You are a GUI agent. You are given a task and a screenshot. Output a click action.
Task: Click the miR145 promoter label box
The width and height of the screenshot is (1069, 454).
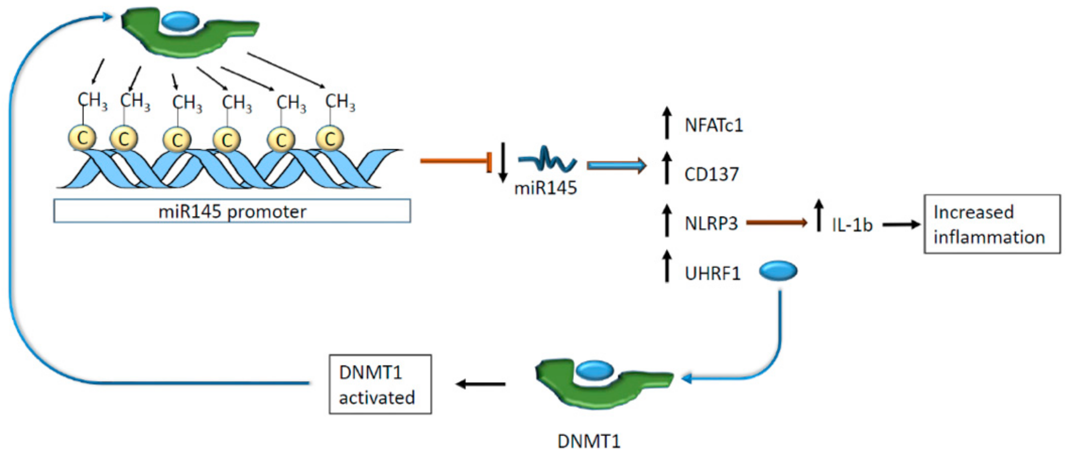[232, 211]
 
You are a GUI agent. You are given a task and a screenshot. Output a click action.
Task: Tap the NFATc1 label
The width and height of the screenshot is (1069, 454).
[713, 125]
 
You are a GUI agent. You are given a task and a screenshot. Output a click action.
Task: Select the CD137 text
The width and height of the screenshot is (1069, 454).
[711, 174]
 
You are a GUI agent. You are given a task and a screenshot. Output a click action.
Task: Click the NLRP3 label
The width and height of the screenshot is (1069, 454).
[711, 224]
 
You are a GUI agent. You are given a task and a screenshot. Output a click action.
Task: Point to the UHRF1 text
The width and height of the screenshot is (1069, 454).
[713, 274]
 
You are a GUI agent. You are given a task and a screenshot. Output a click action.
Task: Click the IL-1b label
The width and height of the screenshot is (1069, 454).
[852, 225]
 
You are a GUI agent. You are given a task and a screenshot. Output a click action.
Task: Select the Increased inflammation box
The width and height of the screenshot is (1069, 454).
[992, 224]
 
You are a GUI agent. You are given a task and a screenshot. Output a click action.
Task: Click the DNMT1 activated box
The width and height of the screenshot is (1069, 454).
[380, 384]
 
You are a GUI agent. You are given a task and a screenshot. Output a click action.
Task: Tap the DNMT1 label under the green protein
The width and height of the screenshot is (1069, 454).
[588, 441]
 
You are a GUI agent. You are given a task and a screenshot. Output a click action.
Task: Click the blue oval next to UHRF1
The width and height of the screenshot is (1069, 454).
[778, 271]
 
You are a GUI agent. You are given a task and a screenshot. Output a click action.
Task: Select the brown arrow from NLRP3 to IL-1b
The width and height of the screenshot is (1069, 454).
[776, 223]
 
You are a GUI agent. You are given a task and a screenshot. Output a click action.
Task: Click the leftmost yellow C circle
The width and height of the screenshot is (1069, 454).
[82, 138]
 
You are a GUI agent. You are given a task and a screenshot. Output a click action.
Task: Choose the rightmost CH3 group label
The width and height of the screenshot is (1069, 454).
[340, 101]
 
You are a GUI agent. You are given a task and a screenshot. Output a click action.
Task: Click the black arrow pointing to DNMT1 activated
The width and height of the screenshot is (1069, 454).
[481, 384]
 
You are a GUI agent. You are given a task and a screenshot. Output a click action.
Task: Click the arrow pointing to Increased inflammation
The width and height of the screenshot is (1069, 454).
[901, 225]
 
